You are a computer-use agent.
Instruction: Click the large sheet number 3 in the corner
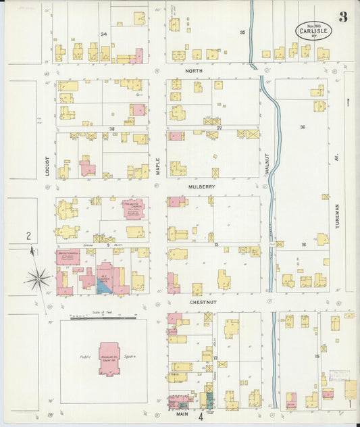point(343,17)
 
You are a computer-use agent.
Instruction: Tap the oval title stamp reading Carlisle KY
point(313,30)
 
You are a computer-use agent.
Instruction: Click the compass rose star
point(38,278)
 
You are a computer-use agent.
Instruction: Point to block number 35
point(242,32)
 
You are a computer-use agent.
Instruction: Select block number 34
point(103,34)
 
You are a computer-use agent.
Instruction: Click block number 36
point(303,127)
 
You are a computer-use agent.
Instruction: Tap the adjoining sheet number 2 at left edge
point(28,236)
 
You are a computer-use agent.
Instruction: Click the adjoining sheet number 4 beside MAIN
point(200,416)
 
